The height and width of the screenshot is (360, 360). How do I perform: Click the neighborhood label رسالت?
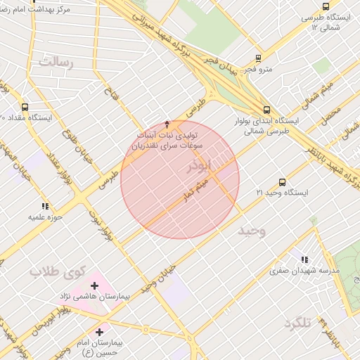tap(56, 63)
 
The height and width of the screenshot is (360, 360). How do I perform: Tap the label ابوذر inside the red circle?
tap(198, 168)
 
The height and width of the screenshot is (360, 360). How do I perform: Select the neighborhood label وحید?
tap(251, 231)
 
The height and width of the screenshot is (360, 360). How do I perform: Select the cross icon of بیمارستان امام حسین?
tap(99, 331)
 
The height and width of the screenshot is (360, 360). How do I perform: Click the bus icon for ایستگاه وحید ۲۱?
tap(282, 182)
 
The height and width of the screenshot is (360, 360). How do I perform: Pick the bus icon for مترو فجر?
tap(258, 59)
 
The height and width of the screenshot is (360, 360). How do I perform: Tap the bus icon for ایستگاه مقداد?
tap(25, 108)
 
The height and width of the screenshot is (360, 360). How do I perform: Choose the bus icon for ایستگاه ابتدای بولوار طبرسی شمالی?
tap(266, 110)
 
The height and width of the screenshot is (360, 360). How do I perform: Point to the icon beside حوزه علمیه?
tap(45, 207)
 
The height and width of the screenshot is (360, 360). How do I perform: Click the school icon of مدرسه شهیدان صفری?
tap(304, 259)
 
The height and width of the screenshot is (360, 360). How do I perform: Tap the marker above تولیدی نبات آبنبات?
tap(167, 124)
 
